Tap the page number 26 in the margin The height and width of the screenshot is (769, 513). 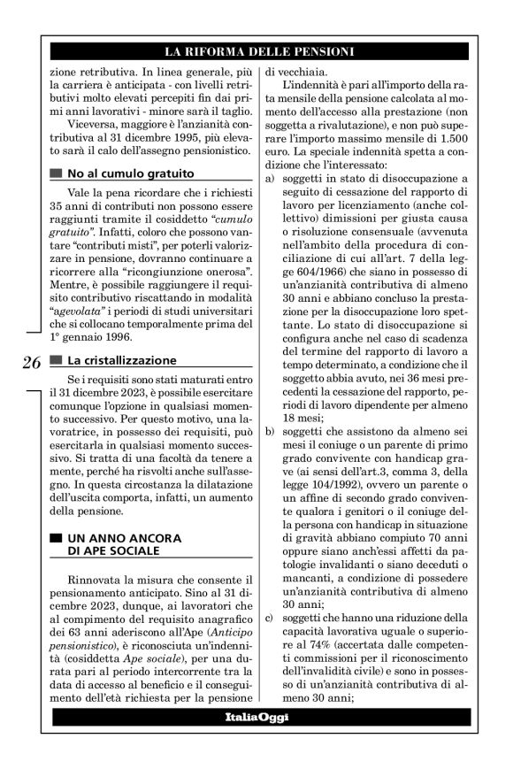tap(30, 361)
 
